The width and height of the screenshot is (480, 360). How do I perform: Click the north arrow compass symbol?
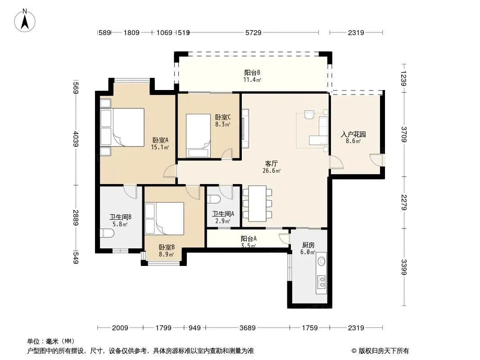pyautogui.click(x=25, y=21)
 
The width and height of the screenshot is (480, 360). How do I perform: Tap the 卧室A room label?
pyautogui.click(x=160, y=140)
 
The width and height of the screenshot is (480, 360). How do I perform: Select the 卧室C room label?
pyautogui.click(x=223, y=117)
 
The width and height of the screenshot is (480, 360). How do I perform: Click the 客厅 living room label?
pyautogui.click(x=271, y=164)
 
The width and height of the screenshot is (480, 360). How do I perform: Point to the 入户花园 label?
pyautogui.click(x=353, y=134)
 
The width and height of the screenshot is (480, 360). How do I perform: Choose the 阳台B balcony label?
pyautogui.click(x=252, y=73)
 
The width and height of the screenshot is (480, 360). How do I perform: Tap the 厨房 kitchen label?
pyautogui.click(x=308, y=245)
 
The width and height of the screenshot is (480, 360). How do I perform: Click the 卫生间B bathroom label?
pyautogui.click(x=120, y=217)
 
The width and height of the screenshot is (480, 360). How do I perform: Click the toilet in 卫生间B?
pyautogui.click(x=107, y=234)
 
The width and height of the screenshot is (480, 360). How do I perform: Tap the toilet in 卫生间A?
pyautogui.click(x=214, y=199)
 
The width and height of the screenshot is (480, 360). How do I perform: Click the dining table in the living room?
pyautogui.click(x=257, y=203)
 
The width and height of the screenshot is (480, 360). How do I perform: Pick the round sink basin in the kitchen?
pyautogui.click(x=322, y=261)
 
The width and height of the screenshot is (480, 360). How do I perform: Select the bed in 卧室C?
pyautogui.click(x=198, y=136)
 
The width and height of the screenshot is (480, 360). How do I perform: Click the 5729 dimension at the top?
pyautogui.click(x=254, y=33)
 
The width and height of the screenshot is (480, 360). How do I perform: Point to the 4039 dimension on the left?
pyautogui.click(x=76, y=139)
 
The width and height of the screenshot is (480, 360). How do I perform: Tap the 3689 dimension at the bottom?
pyautogui.click(x=247, y=328)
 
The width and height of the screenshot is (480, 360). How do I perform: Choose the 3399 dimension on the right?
pyautogui.click(x=404, y=267)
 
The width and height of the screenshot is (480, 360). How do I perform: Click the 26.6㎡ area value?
pyautogui.click(x=271, y=171)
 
